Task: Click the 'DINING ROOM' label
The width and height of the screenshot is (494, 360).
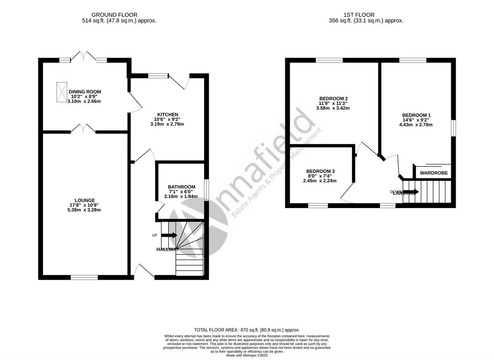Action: pyautogui.click(x=85, y=92)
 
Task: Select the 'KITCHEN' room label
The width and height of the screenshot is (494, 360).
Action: pyautogui.click(x=168, y=115)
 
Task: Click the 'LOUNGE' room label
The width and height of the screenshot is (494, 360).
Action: pyautogui.click(x=85, y=200)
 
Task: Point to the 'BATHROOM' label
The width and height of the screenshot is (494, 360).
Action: pyautogui.click(x=182, y=187)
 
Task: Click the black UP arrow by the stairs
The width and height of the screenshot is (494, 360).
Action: pyautogui.click(x=169, y=235)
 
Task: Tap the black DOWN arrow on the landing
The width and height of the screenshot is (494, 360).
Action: pyautogui.click(x=410, y=192)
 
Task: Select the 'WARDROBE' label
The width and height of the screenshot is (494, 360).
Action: pyautogui.click(x=433, y=173)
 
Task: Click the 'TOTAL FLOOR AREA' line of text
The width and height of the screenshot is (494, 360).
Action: pyautogui.click(x=247, y=330)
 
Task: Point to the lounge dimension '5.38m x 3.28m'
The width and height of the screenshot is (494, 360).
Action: pyautogui.click(x=85, y=210)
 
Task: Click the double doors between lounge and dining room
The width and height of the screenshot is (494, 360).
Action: pyautogui.click(x=83, y=129)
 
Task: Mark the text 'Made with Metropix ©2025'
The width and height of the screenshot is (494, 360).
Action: pyautogui.click(x=247, y=355)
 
